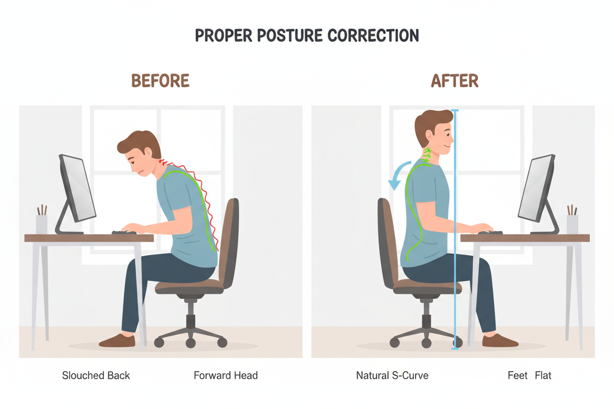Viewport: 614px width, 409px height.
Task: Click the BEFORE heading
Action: [160, 81]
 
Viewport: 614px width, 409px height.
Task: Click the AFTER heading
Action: [455, 81]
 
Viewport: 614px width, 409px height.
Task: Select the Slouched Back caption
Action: [96, 376]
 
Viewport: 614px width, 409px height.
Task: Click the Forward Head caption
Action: [226, 376]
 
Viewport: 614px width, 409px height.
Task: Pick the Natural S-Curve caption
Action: [392, 376]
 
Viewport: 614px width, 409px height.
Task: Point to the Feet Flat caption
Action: [529, 376]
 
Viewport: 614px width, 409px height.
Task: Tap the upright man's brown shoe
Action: [499, 340]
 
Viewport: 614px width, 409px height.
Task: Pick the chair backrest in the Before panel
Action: [229, 241]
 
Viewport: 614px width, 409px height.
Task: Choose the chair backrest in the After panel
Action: [386, 241]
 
